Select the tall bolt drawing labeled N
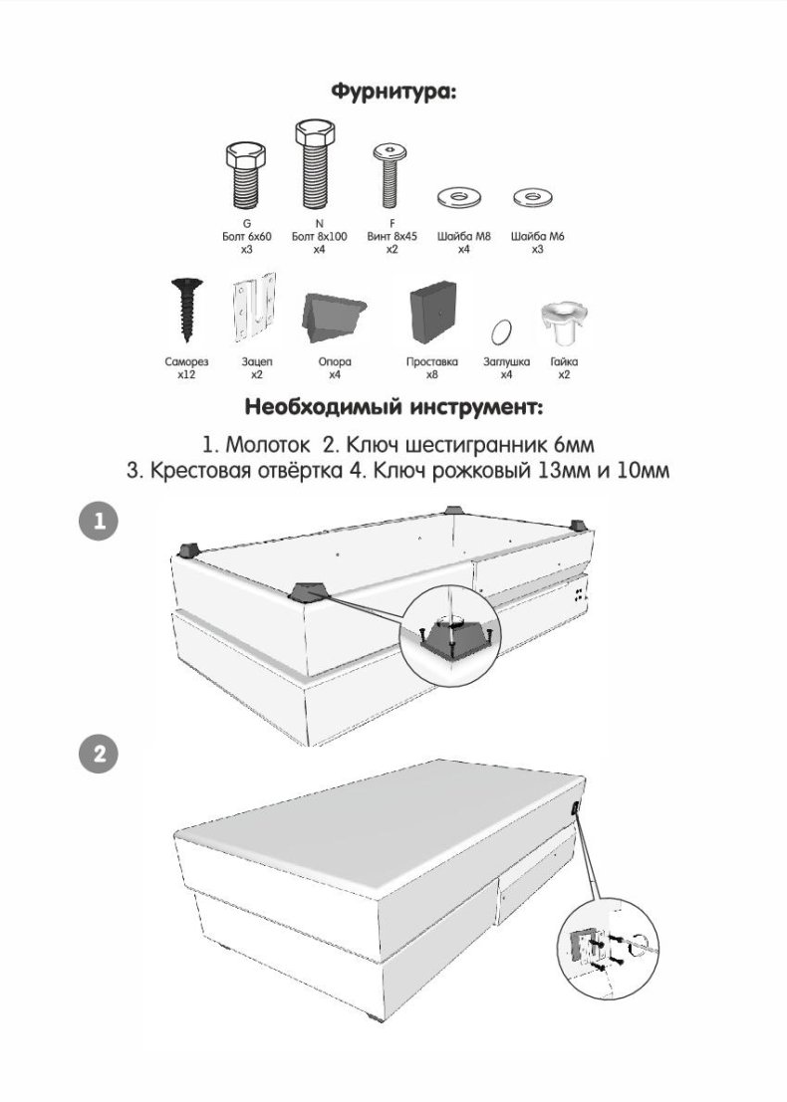click(x=315, y=163)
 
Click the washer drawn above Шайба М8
click(x=458, y=197)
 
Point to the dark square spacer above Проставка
click(x=432, y=312)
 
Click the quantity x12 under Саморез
click(x=186, y=374)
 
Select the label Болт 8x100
click(x=320, y=236)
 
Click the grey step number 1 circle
click(x=99, y=522)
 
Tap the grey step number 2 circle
click(x=99, y=754)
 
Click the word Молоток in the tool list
click(x=267, y=445)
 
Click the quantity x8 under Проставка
click(x=431, y=374)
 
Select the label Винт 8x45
click(x=392, y=236)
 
